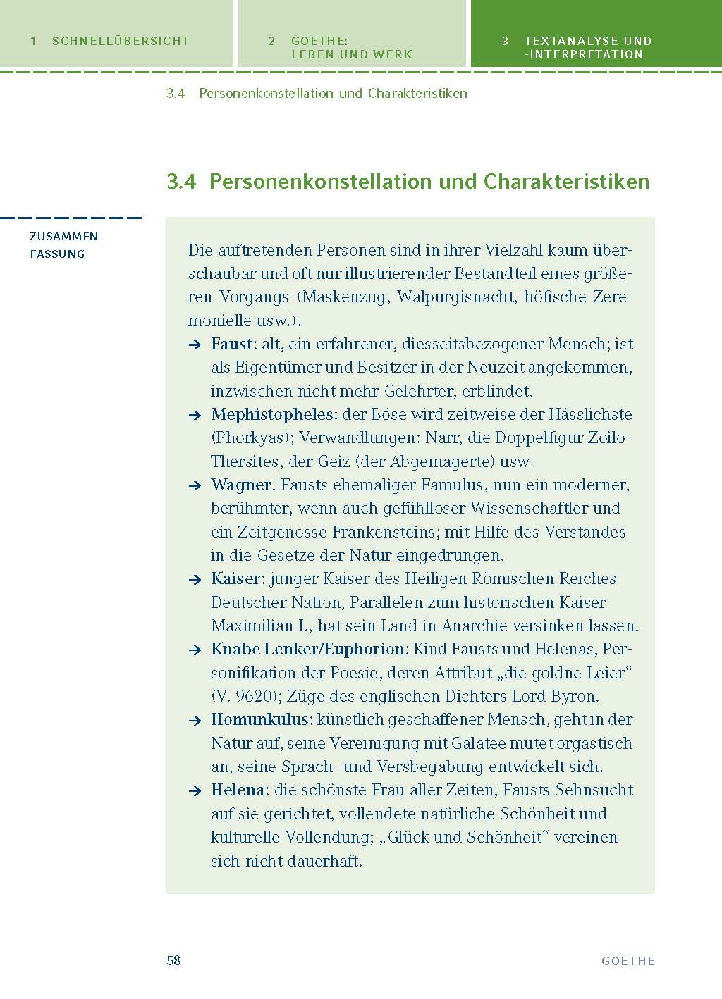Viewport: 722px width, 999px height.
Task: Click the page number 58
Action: [173, 960]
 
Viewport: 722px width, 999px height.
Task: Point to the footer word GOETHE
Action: [628, 961]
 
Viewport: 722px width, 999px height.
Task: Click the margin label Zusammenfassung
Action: [67, 245]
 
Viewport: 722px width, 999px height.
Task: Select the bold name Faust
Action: [232, 344]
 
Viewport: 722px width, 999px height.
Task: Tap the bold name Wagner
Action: [241, 485]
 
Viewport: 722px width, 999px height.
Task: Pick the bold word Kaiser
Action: [235, 578]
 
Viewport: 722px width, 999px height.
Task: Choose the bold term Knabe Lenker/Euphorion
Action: [308, 649]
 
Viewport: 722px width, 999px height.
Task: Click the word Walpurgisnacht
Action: [455, 297]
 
